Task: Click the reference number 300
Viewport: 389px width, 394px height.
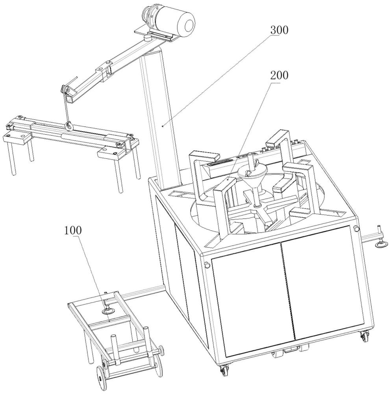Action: coord(279,30)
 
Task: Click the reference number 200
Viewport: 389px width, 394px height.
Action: coord(279,75)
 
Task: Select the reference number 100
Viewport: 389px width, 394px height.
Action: coord(73,230)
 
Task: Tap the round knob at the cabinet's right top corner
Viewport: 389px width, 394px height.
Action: coord(356,229)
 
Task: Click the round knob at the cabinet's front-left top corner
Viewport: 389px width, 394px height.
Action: coord(207,265)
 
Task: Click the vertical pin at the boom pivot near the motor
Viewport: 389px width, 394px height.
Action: coord(148,38)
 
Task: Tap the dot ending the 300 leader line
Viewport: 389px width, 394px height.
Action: coord(163,126)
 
